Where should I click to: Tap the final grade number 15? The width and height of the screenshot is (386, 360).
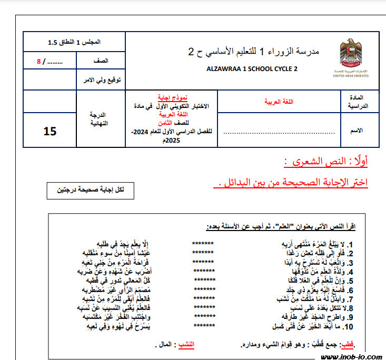click(50, 131)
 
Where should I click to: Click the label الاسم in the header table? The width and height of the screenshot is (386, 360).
click(357, 131)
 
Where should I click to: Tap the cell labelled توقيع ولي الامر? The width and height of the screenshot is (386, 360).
click(103, 79)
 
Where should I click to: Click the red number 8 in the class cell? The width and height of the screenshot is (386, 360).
click(38, 61)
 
